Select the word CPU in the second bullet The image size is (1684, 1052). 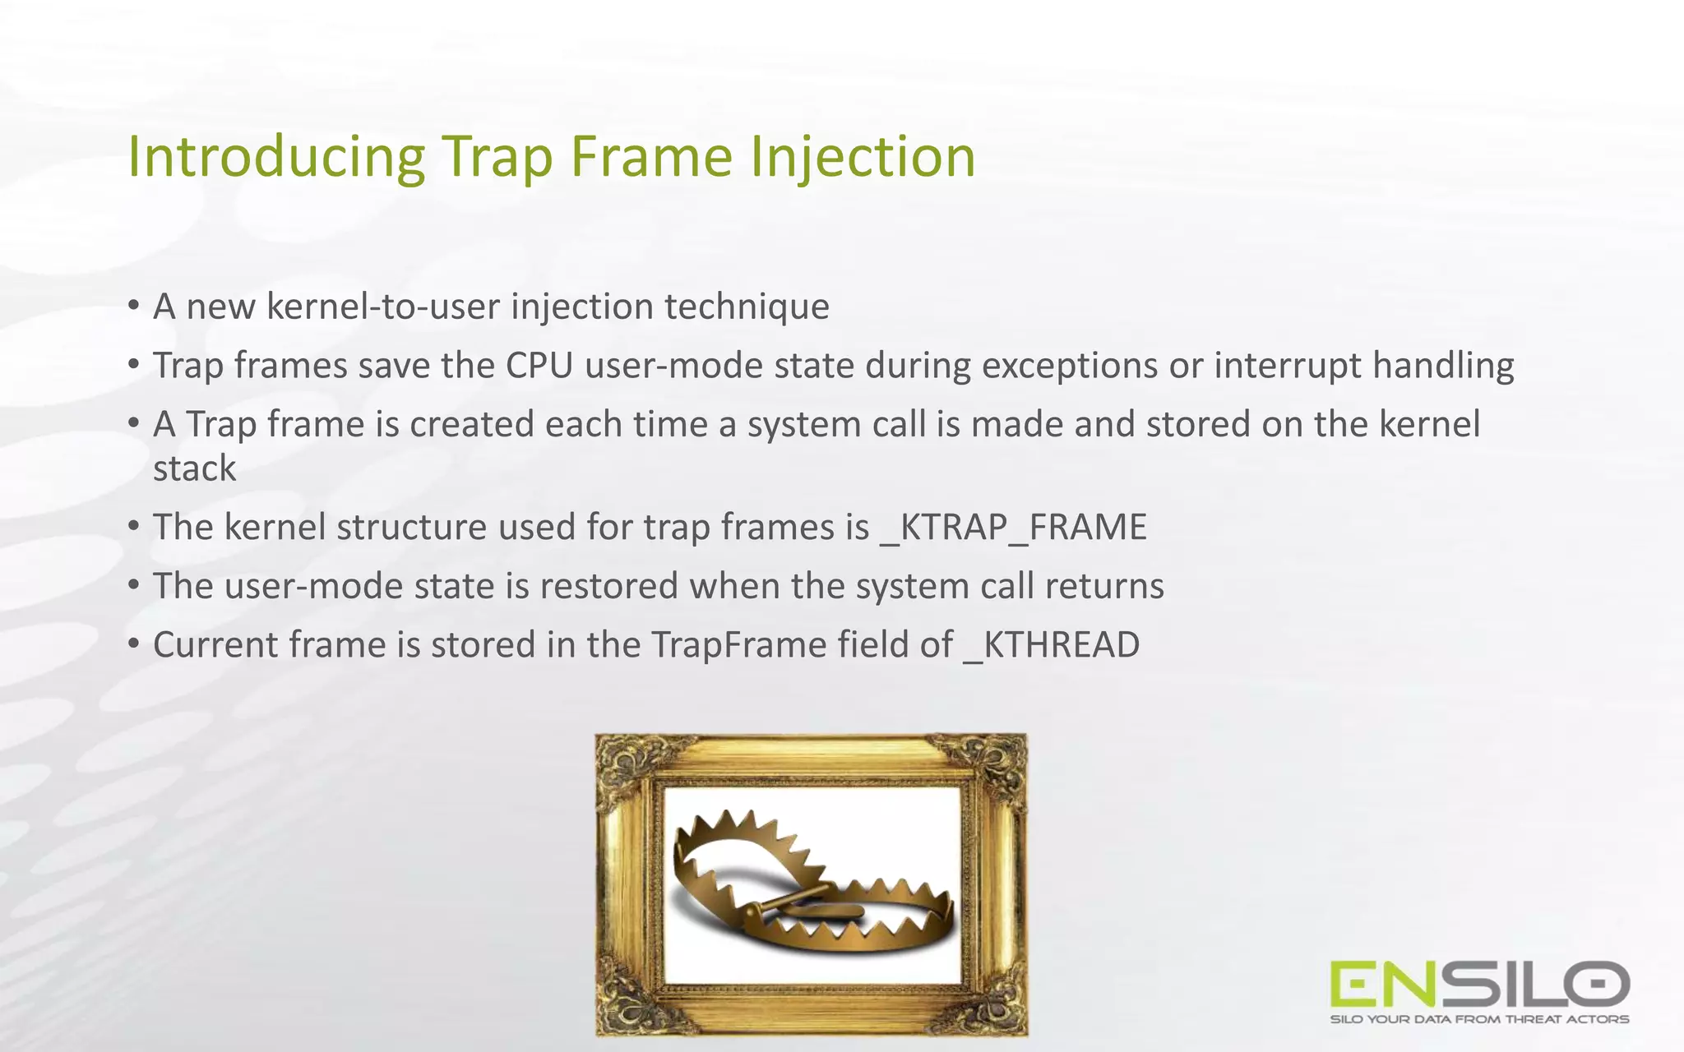click(539, 365)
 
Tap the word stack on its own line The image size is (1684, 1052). click(194, 468)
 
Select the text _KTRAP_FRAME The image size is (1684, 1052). click(1013, 527)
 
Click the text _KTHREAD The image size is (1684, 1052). click(1052, 644)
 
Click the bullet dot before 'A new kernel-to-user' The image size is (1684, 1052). click(133, 307)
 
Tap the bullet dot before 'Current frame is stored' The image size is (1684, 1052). click(133, 644)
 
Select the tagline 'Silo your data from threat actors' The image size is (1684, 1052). click(1479, 1019)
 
